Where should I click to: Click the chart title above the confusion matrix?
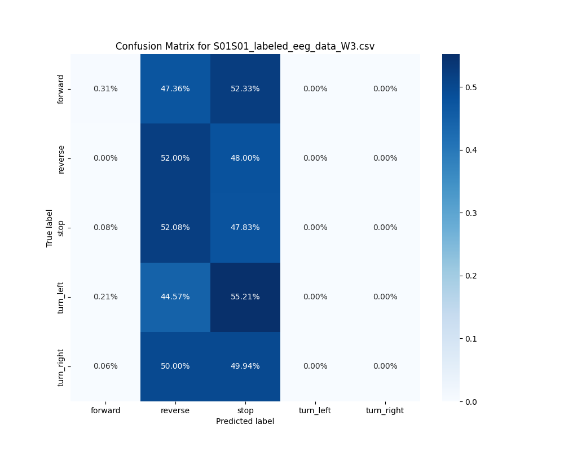point(245,46)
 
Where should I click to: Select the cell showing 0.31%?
point(105,89)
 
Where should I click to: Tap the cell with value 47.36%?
point(175,89)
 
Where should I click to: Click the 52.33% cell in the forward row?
point(245,89)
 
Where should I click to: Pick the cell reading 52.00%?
point(175,158)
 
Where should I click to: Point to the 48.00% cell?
point(245,158)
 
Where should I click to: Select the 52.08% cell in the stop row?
point(175,227)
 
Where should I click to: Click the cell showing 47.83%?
point(245,227)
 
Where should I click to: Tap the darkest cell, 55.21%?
point(245,297)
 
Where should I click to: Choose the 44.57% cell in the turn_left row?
point(175,297)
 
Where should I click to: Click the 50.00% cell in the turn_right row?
point(175,366)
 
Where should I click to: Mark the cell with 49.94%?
point(245,366)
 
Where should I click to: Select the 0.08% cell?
point(105,227)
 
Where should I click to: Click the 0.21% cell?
point(105,297)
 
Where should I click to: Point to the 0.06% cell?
point(105,366)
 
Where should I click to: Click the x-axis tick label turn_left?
point(315,410)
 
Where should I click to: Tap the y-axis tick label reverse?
point(61,158)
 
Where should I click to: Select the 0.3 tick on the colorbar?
point(471,213)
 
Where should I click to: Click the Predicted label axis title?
point(245,421)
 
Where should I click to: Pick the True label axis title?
point(50,228)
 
